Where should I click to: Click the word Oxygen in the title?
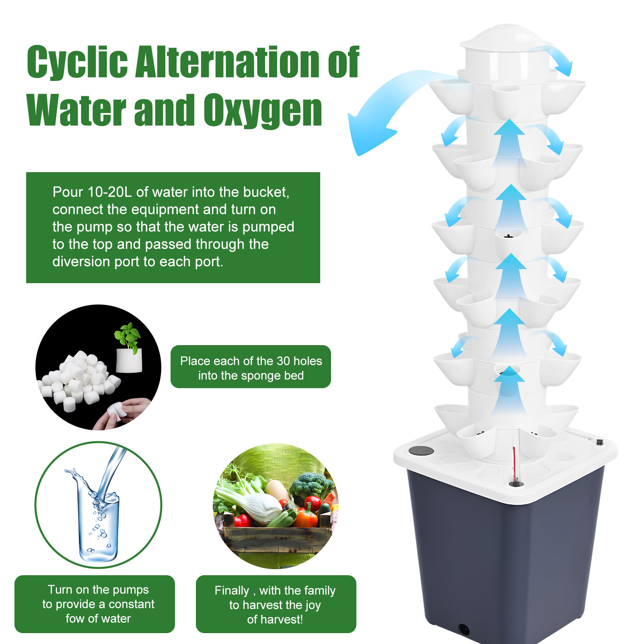coord(262,111)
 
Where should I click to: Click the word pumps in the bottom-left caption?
coord(129,590)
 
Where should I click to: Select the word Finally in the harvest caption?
coord(232,591)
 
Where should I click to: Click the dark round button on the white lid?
coord(421,451)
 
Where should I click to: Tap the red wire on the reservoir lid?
coord(514,463)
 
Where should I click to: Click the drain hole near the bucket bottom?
coord(464,629)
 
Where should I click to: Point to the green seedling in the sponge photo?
coord(128,336)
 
